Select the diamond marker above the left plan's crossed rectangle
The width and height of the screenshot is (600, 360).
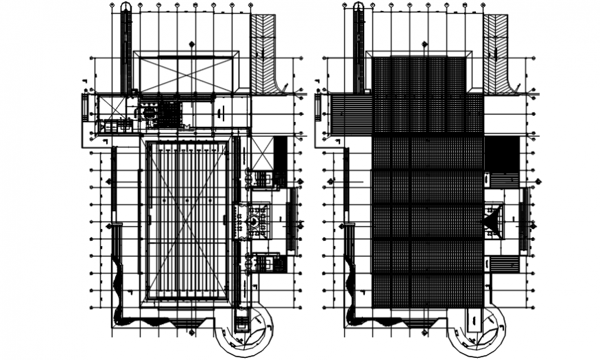[191, 45]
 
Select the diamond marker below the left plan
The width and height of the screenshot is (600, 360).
[191, 332]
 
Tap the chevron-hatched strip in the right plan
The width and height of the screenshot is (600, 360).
[495, 52]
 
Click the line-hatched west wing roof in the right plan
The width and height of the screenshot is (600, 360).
[352, 114]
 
